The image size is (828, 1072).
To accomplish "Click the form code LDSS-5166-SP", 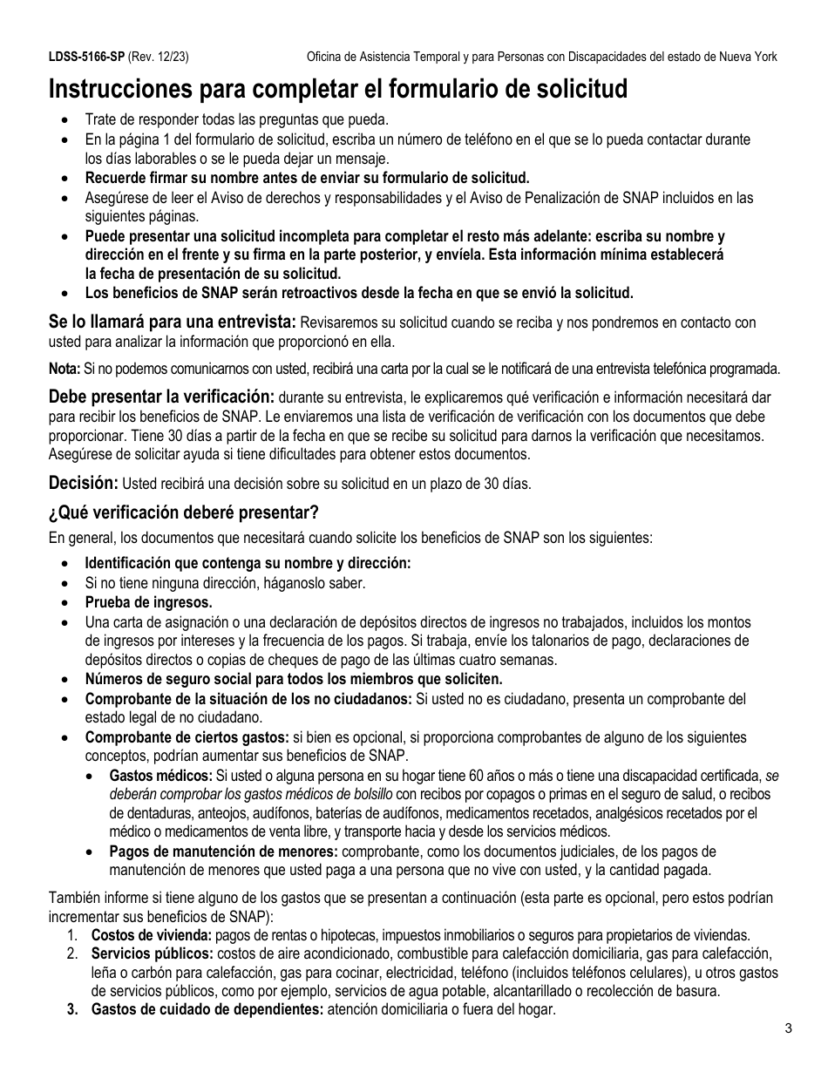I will click(87, 57).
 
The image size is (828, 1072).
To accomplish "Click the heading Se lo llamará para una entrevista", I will click(172, 322).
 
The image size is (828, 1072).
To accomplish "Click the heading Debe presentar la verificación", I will click(161, 397).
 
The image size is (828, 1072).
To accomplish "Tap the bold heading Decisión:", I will click(83, 483).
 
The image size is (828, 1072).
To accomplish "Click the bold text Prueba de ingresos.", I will click(148, 602).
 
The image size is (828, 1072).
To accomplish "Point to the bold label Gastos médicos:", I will click(160, 776).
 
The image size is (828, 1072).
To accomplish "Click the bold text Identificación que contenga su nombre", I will click(248, 563).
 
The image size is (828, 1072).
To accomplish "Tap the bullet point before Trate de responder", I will click(65, 120).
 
